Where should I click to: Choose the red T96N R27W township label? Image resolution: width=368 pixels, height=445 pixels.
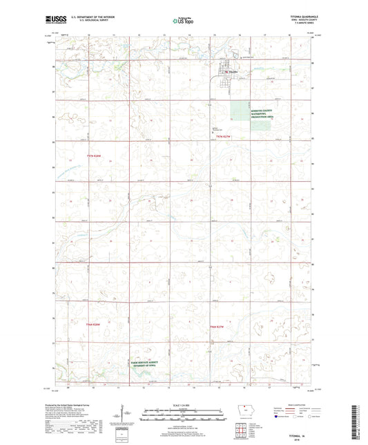[217, 326]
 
